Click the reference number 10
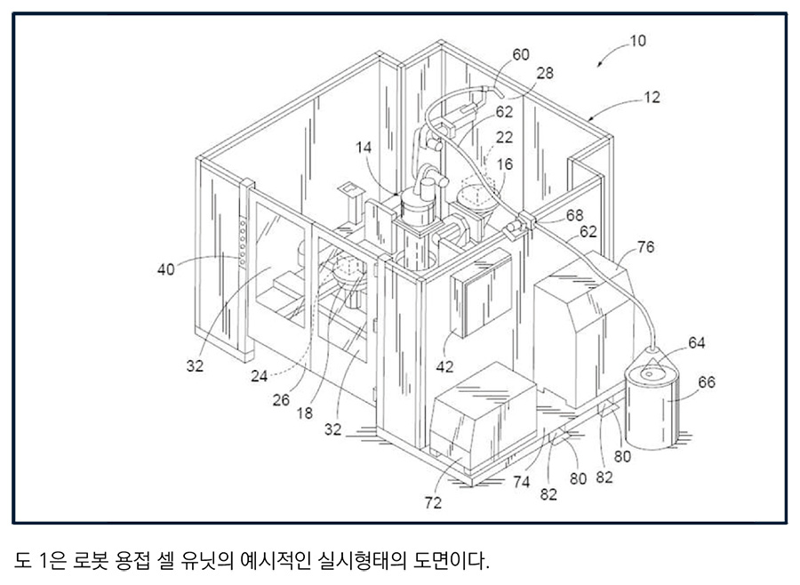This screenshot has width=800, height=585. pos(637,40)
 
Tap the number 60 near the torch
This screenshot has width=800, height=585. pos(520,55)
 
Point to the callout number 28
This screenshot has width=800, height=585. pos(545,74)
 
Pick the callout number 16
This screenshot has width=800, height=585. pos(504,165)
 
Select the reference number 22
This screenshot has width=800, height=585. pos(504,137)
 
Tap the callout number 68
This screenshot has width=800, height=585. pos(575,215)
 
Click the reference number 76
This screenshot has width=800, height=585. pos(645,247)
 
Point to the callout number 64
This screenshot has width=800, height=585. pos(696,343)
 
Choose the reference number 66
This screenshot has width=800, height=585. pos(707,382)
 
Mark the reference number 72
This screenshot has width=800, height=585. pos(433,503)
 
